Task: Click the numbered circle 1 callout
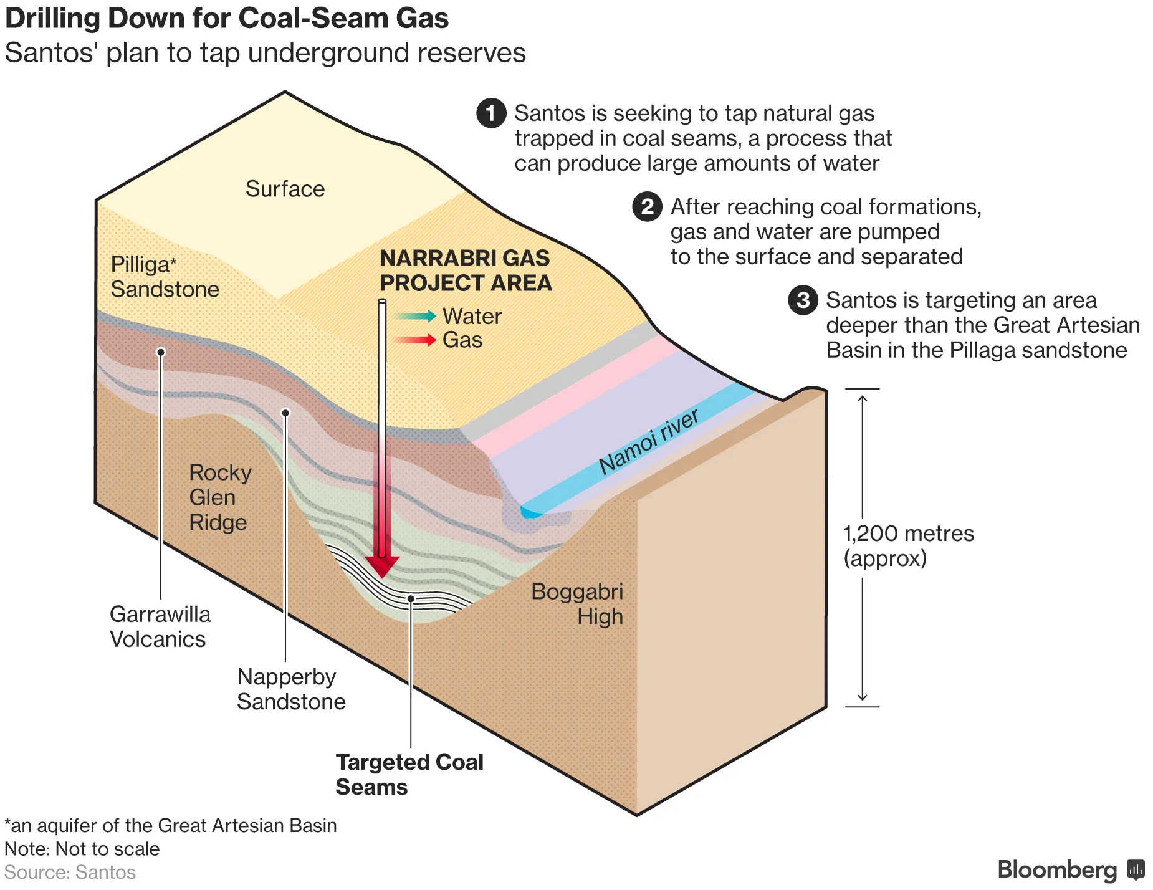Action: coord(491,113)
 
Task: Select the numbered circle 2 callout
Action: coord(647,207)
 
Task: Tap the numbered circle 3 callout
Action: coord(803,300)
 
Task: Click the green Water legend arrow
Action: coord(414,316)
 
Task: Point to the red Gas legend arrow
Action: coord(414,340)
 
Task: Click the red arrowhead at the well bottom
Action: coord(381,565)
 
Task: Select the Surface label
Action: coord(285,189)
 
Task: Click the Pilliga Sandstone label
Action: coord(165,277)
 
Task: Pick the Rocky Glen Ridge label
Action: coord(219,497)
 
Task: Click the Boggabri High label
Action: coord(577,604)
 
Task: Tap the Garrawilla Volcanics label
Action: coord(160,626)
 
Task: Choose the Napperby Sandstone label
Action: coord(290,689)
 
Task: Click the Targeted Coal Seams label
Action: coord(409,774)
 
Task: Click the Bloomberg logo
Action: coord(1069,869)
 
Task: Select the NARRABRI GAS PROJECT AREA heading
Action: coord(465,270)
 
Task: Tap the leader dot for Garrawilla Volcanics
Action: coord(161,352)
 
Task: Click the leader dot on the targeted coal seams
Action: coord(411,599)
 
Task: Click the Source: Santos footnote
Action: coord(70,872)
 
